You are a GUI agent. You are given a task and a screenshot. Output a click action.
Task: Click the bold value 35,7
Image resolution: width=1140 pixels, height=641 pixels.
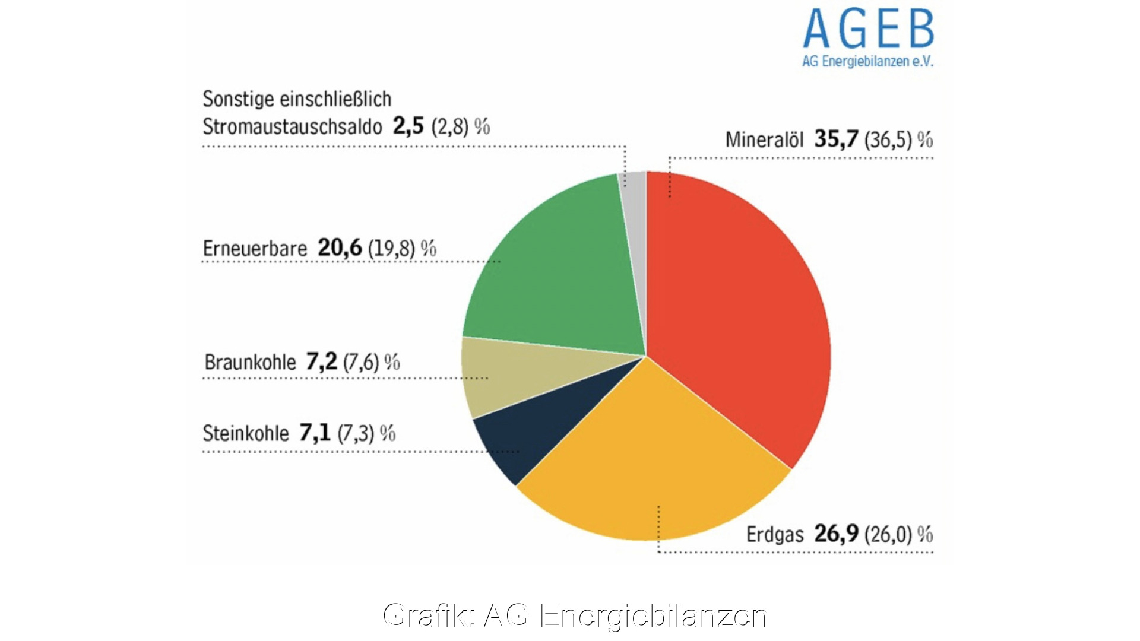836,139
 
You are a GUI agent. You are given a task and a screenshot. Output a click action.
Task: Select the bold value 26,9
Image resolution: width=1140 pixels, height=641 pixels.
836,534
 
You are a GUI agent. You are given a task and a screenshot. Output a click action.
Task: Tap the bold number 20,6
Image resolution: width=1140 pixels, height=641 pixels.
340,248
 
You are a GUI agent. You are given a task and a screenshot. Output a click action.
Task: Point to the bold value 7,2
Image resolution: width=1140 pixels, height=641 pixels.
321,361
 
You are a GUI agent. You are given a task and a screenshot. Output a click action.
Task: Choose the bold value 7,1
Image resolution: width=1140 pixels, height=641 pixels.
315,433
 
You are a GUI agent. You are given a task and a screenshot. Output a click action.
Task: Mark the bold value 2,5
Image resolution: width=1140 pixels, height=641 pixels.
408,126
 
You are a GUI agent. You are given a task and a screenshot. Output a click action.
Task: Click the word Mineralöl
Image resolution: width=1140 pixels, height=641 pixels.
764,140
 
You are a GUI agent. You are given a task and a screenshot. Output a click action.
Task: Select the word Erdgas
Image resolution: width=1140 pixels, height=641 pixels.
774,534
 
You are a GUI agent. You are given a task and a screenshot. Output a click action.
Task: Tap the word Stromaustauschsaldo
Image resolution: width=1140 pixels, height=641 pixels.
292,126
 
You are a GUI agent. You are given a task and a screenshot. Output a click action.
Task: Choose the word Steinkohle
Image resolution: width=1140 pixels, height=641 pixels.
246,433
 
